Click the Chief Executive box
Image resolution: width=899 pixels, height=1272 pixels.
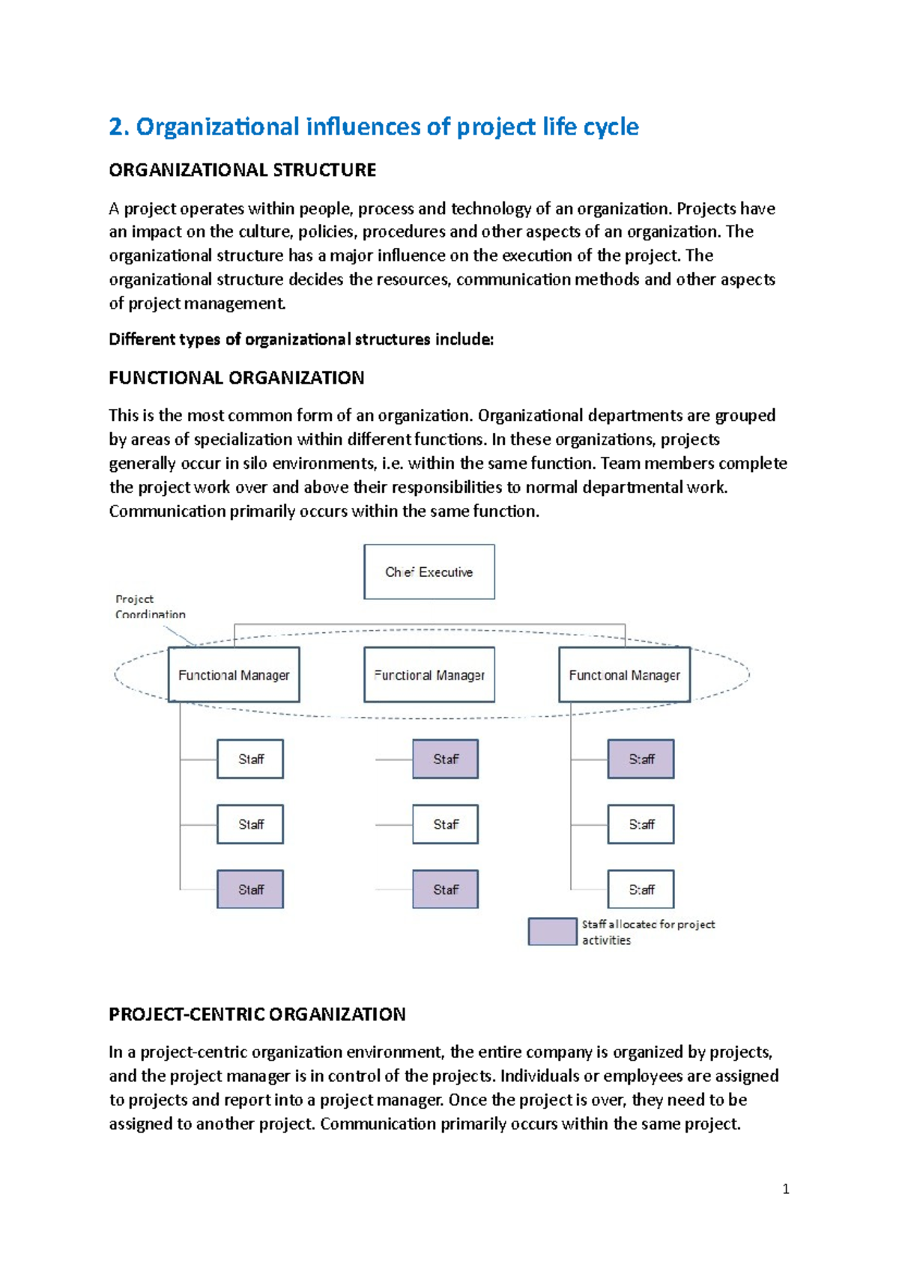(x=429, y=572)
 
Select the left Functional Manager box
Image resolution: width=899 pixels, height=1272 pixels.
(x=234, y=675)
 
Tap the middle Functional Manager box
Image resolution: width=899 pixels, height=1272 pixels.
(x=429, y=675)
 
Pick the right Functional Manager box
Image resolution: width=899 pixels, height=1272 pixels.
(x=624, y=675)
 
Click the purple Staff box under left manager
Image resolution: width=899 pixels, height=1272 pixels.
(x=250, y=889)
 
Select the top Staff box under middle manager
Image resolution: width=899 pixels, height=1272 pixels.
(x=445, y=759)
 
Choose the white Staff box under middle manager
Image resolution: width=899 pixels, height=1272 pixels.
(x=445, y=824)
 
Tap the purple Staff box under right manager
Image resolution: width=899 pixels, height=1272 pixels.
(x=641, y=759)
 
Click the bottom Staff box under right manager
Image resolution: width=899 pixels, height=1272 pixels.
(x=641, y=889)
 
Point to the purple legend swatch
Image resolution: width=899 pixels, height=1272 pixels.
(x=552, y=931)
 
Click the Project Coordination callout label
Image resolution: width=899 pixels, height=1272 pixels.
(x=150, y=607)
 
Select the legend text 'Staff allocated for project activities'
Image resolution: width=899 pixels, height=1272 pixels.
(x=648, y=932)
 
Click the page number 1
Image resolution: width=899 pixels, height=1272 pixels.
(x=785, y=1189)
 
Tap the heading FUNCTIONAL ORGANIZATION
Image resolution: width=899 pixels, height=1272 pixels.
(x=237, y=378)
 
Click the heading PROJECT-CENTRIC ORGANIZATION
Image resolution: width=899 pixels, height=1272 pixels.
(x=257, y=1014)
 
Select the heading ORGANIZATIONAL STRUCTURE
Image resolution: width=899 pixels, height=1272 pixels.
(x=242, y=170)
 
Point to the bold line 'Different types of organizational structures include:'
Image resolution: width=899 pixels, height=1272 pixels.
(x=301, y=339)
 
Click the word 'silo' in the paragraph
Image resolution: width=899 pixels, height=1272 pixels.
(x=255, y=463)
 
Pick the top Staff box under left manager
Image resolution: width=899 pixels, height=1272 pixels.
(x=250, y=759)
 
